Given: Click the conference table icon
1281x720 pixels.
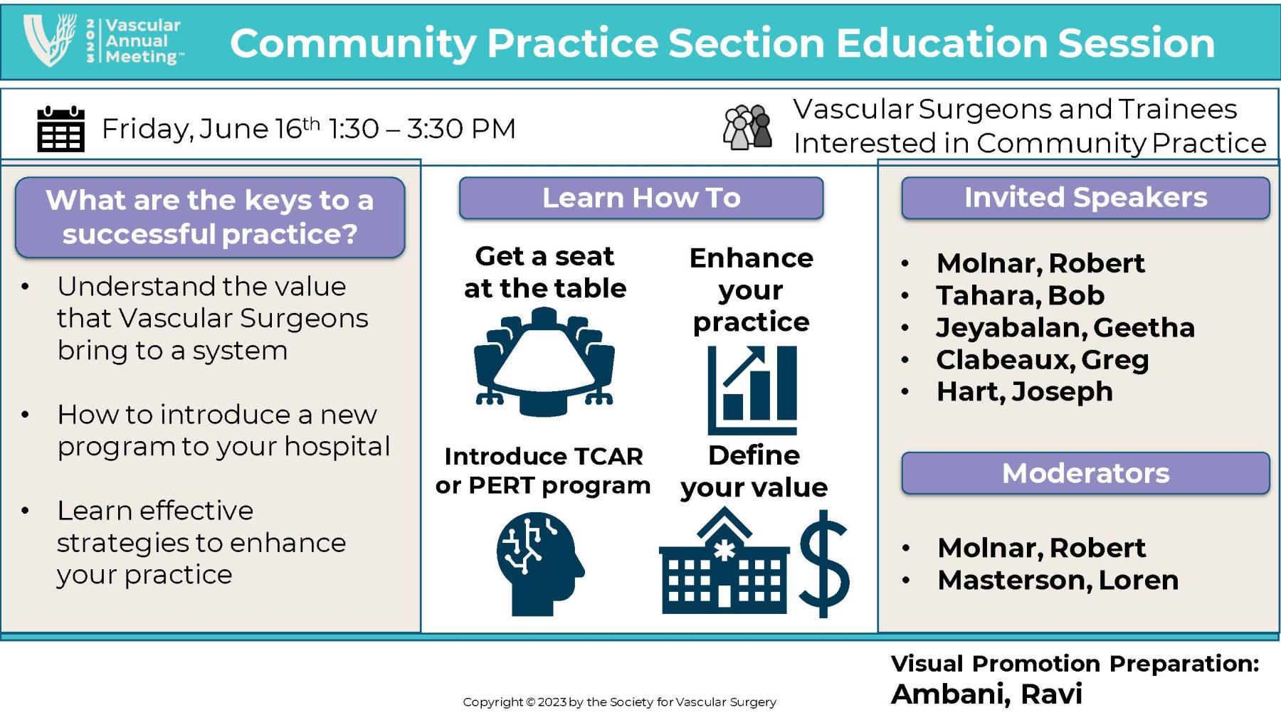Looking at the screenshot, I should (544, 361).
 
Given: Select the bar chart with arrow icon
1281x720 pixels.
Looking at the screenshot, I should (752, 389).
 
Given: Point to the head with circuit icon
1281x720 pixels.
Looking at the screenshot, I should (539, 563).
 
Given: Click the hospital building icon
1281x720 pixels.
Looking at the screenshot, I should (724, 562).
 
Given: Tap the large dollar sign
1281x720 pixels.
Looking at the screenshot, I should (824, 563).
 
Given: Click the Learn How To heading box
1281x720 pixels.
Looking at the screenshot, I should (640, 198).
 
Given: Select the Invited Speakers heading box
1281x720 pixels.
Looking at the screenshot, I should (1085, 198).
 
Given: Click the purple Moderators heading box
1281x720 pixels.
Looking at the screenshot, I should (1085, 473).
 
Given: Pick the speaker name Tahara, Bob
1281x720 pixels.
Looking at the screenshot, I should (1020, 295).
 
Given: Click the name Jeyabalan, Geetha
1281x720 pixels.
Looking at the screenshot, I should (1065, 327).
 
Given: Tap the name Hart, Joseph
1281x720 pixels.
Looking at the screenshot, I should (1024, 391).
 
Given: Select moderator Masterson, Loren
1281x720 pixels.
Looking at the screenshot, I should (1058, 580).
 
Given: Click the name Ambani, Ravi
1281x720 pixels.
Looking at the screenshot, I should (986, 694).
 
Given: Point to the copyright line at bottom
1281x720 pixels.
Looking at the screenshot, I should (619, 702).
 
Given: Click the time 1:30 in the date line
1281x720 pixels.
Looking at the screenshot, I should (353, 129).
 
